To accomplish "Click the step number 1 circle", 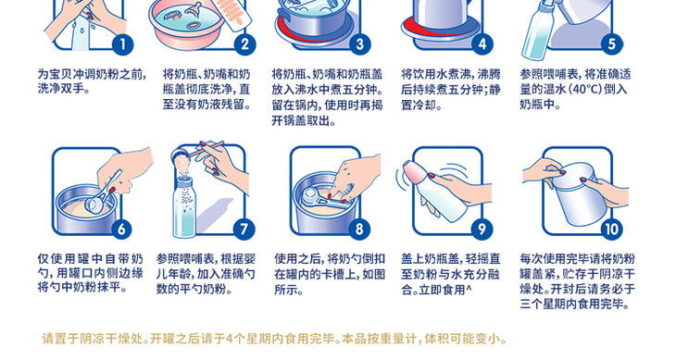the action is [x=122, y=44].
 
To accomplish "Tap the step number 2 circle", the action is [x=244, y=44].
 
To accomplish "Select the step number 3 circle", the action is [x=360, y=44].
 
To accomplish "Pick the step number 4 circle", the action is [x=482, y=44].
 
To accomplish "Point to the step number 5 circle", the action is [x=612, y=44].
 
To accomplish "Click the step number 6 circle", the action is [x=121, y=230].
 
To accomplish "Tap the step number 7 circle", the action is [x=244, y=230].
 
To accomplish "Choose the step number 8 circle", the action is [x=359, y=230].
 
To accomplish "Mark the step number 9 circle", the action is [x=482, y=230].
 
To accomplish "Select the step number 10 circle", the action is [x=612, y=230].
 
